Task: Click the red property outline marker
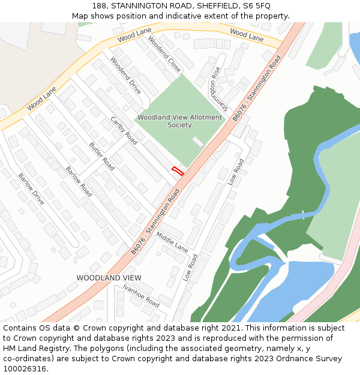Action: point(178,170)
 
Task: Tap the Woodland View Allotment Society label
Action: point(179,121)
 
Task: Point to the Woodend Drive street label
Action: point(126,77)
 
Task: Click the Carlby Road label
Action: point(124,131)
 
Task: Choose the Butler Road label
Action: point(101,156)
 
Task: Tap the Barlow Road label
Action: point(79,181)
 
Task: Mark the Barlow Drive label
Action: point(31,189)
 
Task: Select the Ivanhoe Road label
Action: point(141,295)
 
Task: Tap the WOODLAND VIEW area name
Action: point(109,278)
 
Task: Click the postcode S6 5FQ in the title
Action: point(257,6)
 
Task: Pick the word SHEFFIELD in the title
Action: point(213,6)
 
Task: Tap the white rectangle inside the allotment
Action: point(197,142)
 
